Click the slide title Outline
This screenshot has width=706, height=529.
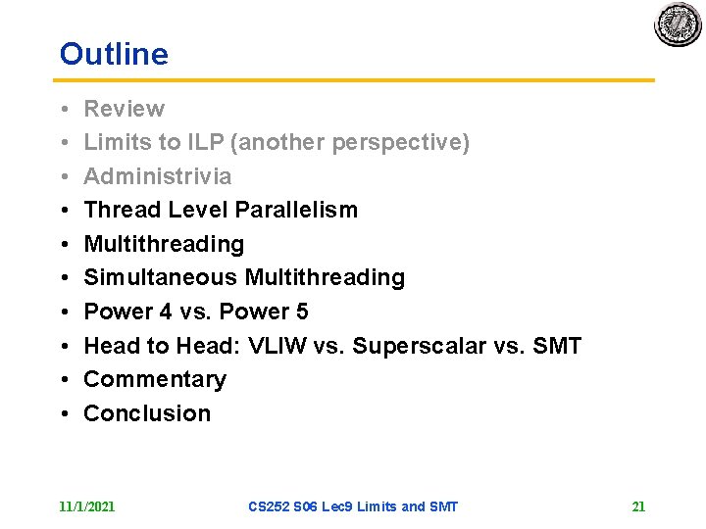pos(114,54)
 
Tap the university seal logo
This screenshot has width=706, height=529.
pos(679,24)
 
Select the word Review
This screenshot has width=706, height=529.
pos(124,109)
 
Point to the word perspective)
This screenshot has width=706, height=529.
pos(401,143)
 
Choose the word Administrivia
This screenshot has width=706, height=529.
pos(158,176)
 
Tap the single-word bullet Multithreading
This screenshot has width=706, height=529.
pos(164,244)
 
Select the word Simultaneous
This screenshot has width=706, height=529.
pos(161,278)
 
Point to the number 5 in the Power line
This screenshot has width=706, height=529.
pos(301,312)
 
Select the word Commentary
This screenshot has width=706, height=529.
pos(155,379)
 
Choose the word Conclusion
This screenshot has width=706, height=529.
pos(147,413)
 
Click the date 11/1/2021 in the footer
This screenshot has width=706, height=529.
pos(87,506)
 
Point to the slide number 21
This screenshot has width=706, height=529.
pos(638,506)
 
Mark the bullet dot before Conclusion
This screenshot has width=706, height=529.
pos(63,413)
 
